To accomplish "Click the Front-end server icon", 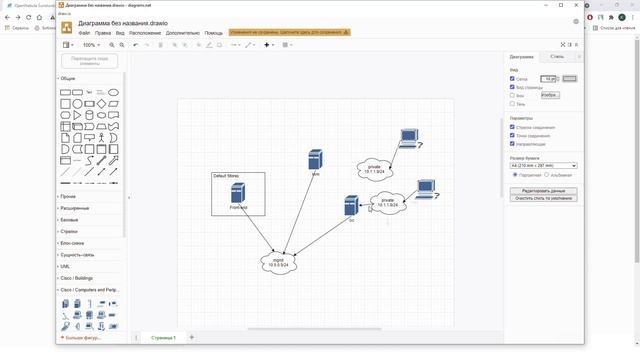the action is click(238, 193).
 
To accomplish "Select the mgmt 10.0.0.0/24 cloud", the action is click(278, 262).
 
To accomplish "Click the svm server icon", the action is click(315, 160).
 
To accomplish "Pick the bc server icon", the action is click(351, 206).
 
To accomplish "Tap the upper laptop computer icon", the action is click(407, 138).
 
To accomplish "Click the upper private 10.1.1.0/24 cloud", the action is click(374, 168).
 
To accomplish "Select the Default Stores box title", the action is click(226, 176).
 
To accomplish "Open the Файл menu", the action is click(84, 33).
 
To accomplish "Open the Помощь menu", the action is click(214, 33).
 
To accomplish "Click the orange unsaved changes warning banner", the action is click(290, 33).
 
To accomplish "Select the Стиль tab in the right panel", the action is click(556, 57).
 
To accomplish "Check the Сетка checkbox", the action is click(513, 78).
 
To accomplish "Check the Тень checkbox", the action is click(513, 103).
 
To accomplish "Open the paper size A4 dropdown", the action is click(543, 165).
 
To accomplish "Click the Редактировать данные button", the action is click(543, 190).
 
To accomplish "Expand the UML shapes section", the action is click(66, 266).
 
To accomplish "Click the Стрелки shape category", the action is click(69, 231).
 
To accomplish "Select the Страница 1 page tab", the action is click(163, 338).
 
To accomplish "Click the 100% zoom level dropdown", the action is click(91, 45).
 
